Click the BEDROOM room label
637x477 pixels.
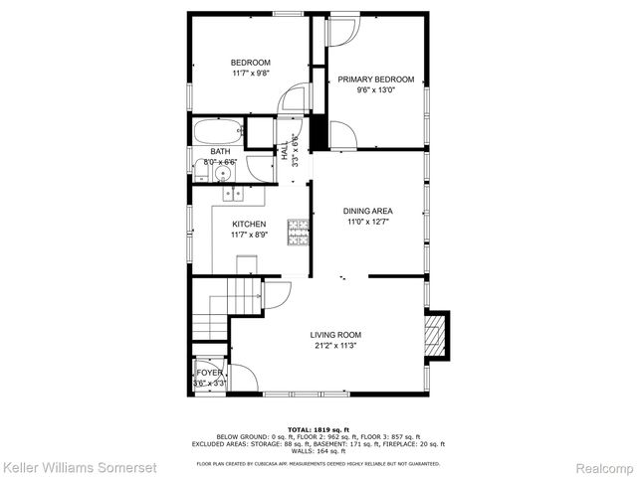[x=251, y=63]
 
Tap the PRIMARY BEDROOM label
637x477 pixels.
[x=375, y=79]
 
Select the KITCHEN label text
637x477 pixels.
[x=249, y=224]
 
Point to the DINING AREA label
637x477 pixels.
[x=368, y=211]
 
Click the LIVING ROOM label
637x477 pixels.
[x=334, y=335]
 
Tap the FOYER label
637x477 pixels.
[x=209, y=373]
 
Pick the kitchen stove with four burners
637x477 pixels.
[x=298, y=233]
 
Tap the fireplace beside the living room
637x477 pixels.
[x=436, y=336]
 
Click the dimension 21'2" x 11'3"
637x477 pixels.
[x=334, y=347]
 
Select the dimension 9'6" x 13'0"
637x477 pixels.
[x=375, y=90]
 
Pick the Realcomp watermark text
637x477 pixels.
[x=602, y=466]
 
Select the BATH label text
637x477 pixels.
[x=219, y=152]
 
